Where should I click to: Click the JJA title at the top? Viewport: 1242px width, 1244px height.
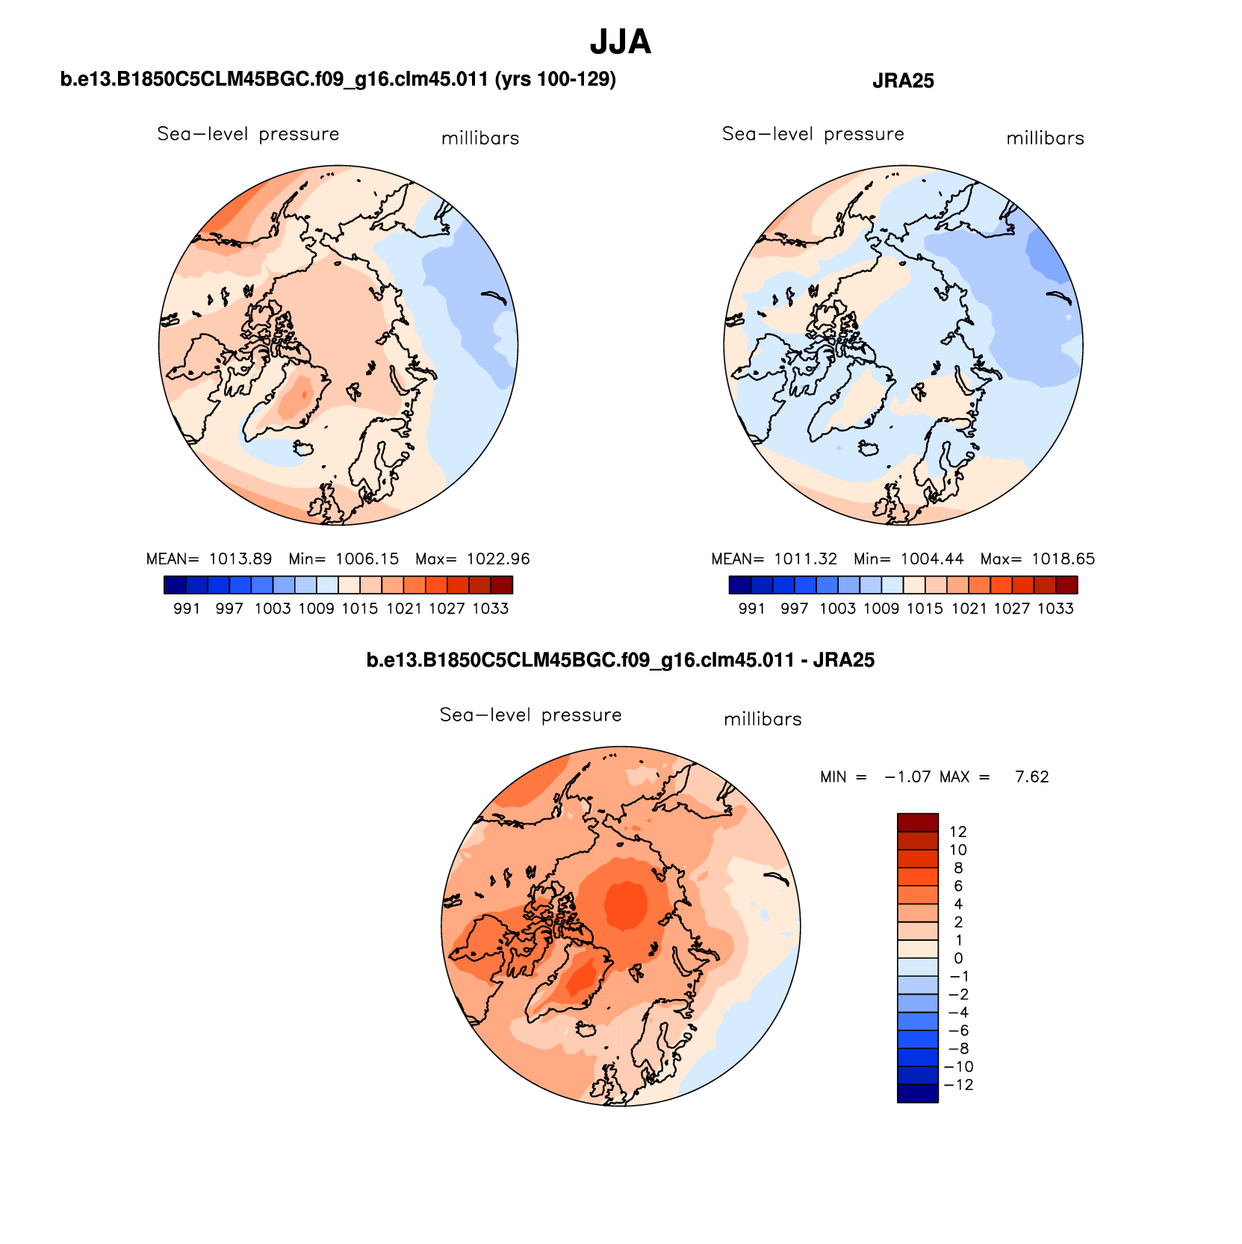(x=620, y=43)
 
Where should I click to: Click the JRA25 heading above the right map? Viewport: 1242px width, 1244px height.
(x=903, y=81)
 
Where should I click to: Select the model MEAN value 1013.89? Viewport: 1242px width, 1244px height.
(x=240, y=559)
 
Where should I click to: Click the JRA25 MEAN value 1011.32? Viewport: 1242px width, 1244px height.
(x=805, y=559)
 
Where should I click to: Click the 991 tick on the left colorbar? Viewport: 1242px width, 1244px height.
(x=187, y=609)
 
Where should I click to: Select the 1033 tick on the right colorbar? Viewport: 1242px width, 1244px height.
(x=1055, y=609)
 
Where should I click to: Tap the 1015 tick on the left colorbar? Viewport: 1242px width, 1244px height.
(x=360, y=609)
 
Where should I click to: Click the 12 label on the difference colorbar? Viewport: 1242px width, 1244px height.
(x=958, y=832)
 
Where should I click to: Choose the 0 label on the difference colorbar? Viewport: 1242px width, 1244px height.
(x=958, y=958)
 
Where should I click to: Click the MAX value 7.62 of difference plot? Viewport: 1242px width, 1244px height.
(x=1031, y=777)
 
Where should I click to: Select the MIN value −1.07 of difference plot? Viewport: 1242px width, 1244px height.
(x=907, y=777)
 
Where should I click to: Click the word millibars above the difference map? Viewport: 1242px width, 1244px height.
(x=763, y=720)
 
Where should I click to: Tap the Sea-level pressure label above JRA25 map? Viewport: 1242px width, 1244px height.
(x=813, y=134)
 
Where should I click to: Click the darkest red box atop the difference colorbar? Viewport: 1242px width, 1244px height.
(x=917, y=822)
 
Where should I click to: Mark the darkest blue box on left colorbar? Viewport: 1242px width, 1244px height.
(x=175, y=585)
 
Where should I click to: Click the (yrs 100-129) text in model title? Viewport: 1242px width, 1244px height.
(x=555, y=79)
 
